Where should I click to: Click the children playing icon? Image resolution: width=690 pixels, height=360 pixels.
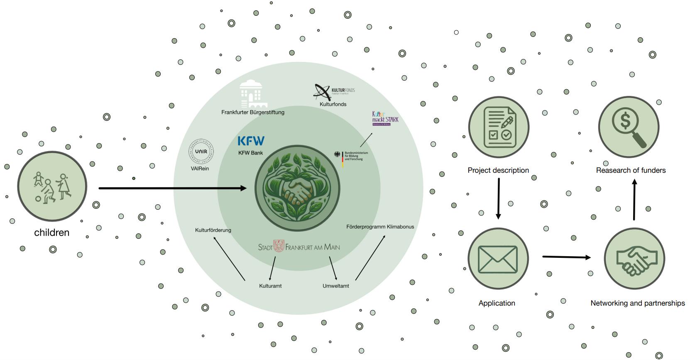click(52, 186)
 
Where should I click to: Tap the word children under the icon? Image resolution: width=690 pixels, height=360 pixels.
click(51, 233)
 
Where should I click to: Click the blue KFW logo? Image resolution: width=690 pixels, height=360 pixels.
click(251, 141)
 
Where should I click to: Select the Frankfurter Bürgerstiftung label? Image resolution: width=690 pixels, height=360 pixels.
click(252, 112)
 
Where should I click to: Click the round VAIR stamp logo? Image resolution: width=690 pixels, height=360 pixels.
click(201, 152)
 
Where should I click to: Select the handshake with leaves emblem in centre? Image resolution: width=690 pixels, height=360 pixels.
click(297, 188)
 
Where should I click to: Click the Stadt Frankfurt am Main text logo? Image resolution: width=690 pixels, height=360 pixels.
click(299, 247)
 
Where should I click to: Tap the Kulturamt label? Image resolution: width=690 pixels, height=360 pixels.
click(270, 286)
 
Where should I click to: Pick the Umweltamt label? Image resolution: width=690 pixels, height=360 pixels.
click(335, 286)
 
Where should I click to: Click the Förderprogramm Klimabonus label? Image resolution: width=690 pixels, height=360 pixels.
click(380, 227)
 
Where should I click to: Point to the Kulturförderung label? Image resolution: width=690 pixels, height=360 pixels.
click(213, 230)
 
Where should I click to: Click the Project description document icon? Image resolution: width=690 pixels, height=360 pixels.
click(499, 127)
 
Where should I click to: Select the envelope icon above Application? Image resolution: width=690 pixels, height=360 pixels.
click(498, 259)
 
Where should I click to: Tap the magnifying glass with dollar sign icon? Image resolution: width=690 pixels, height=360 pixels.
click(628, 127)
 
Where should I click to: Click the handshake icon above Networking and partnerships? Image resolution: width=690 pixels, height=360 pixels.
click(634, 259)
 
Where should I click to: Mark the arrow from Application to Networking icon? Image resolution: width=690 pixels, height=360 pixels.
click(566, 257)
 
